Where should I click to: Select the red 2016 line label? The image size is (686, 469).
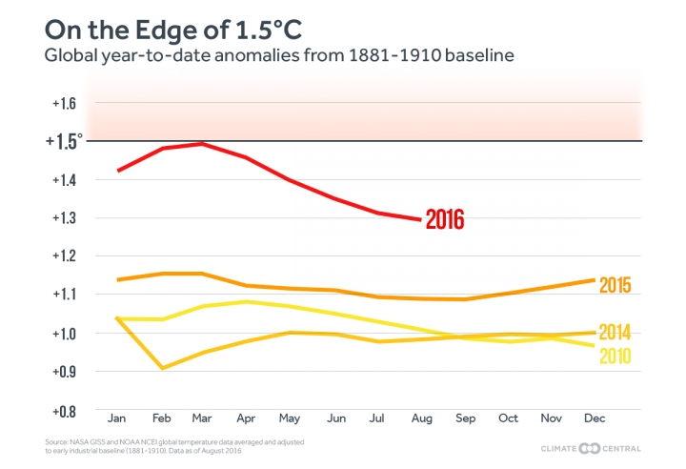point(444,220)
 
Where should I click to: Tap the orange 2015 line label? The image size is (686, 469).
point(615,284)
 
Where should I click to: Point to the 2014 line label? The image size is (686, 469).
point(615,333)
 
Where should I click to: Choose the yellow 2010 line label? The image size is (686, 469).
point(615,357)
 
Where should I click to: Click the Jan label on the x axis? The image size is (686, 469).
point(117,418)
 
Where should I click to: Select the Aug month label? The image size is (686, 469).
point(421,418)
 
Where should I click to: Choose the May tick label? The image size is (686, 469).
point(291,418)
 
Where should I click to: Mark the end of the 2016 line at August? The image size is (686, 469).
point(419,219)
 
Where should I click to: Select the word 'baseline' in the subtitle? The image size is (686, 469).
point(474,56)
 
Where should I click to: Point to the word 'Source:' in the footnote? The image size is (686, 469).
point(55,443)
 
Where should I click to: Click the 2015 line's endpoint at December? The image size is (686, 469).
point(594,280)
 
